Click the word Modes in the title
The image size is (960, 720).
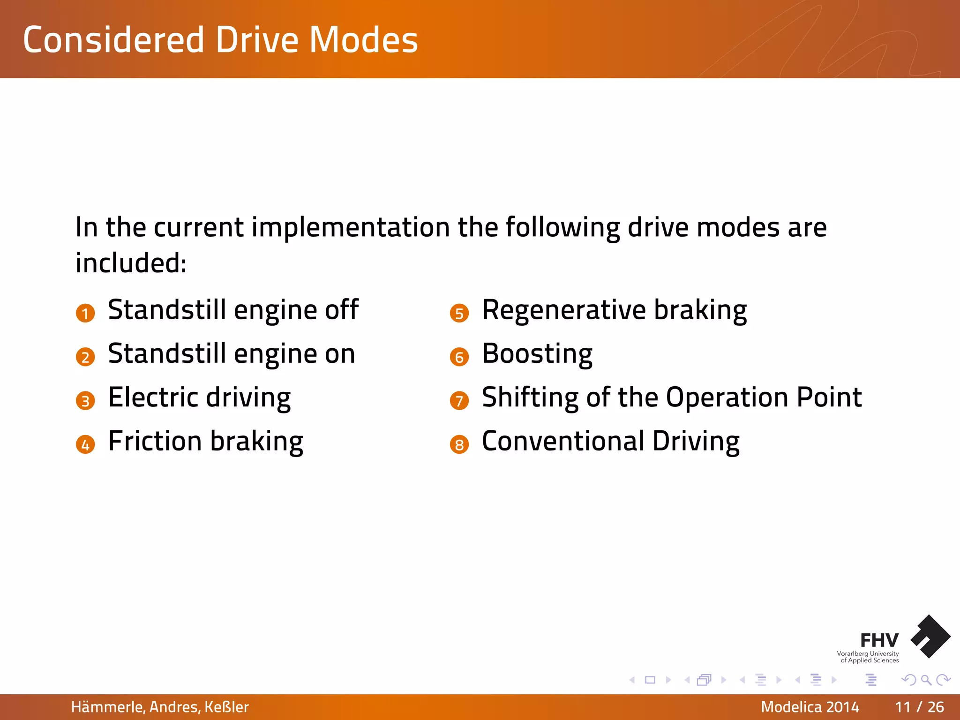[363, 40]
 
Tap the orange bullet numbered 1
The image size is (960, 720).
[85, 313]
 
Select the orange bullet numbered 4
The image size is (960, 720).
[85, 444]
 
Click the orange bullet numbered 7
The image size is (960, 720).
[459, 401]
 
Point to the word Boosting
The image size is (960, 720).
[537, 354]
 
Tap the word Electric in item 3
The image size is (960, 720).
[153, 397]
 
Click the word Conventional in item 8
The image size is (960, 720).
[563, 441]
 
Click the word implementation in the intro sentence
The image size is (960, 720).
[351, 227]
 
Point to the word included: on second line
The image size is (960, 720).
[131, 262]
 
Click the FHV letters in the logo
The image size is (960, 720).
[879, 640]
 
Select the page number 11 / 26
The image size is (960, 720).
[919, 707]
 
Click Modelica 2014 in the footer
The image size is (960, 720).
[810, 707]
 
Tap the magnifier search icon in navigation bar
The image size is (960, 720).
[926, 680]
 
